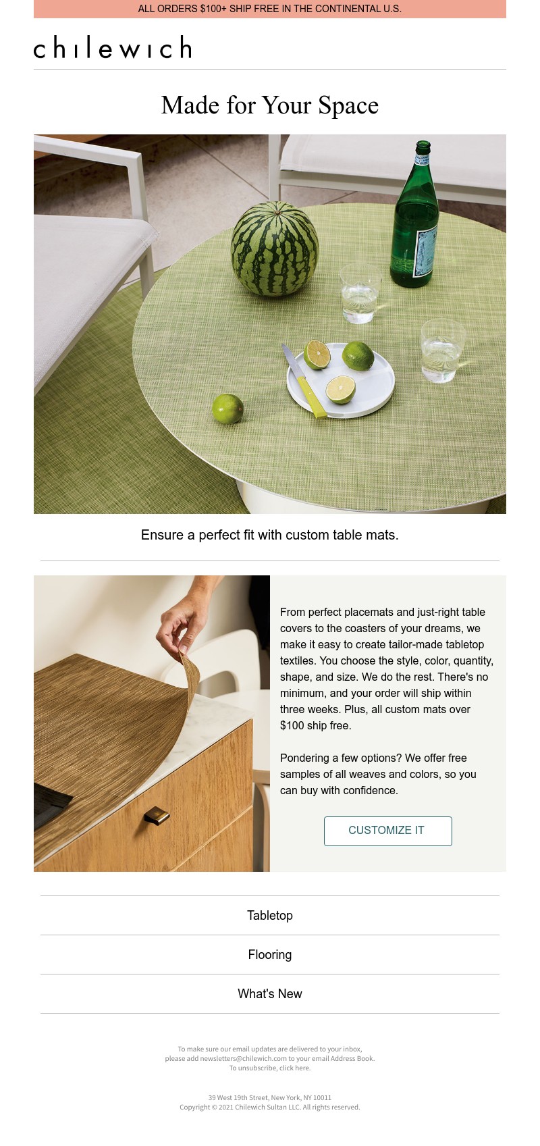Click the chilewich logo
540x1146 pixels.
coord(113,47)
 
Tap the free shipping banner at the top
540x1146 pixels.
coord(270,9)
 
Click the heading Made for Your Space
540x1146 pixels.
coord(270,105)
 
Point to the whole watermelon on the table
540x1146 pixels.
coord(275,249)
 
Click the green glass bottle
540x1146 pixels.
coord(414,215)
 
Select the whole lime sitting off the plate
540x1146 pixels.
coord(227,409)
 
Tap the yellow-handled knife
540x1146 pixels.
coord(304,381)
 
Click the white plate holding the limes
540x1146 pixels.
coord(341,380)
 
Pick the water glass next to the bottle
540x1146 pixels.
coord(360,293)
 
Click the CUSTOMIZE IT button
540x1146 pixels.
coord(387,831)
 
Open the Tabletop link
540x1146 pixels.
coord(270,915)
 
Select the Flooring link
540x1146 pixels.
coord(270,955)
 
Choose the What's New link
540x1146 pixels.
coord(270,993)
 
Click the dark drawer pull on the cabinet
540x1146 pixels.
coord(157,816)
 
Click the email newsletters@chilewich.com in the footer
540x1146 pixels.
coord(244,1058)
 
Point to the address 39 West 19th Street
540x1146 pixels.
coord(238,1097)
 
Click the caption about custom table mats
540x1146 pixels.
coord(270,535)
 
